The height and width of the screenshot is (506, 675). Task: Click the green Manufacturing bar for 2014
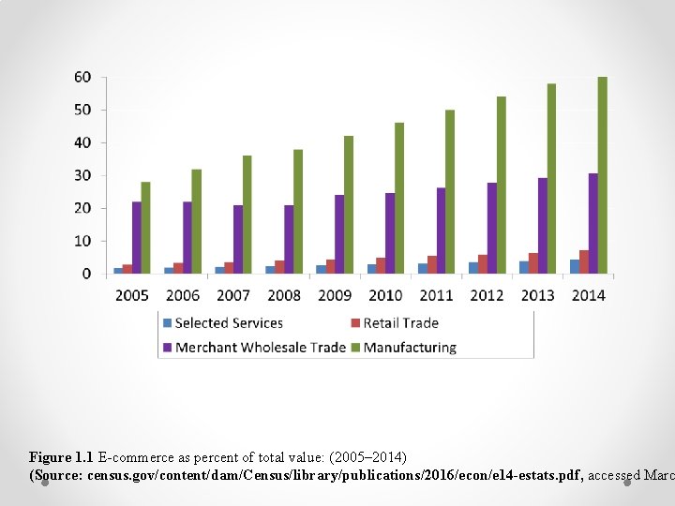(x=603, y=175)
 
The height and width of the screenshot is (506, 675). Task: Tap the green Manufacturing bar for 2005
(x=146, y=228)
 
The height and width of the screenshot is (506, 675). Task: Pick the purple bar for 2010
(x=389, y=233)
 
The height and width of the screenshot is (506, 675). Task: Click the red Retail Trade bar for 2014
(x=584, y=262)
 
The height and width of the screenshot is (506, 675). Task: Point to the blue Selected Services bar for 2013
(x=523, y=267)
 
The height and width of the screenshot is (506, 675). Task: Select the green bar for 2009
(x=349, y=204)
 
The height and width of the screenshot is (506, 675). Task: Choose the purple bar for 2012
(x=491, y=228)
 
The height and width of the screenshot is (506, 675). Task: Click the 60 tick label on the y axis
(x=82, y=78)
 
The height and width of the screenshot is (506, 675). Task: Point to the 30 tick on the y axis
(x=82, y=176)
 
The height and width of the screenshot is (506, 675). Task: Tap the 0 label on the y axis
(x=86, y=274)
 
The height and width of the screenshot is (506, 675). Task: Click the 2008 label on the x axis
(x=284, y=295)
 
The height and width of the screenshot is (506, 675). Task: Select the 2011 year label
(x=436, y=295)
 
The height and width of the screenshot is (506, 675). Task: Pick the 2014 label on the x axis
(x=588, y=295)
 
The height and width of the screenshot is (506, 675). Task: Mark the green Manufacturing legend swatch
(x=356, y=348)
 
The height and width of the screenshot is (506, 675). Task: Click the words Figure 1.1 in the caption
(x=61, y=457)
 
